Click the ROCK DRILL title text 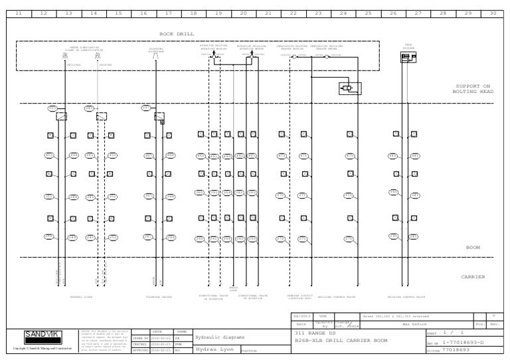tap(175, 33)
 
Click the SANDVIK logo tap(41, 334)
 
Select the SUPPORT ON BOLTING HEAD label tap(473, 88)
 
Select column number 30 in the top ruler tap(492, 13)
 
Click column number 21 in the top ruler tap(268, 13)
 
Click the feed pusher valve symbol tap(408, 58)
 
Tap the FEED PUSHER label tap(408, 46)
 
